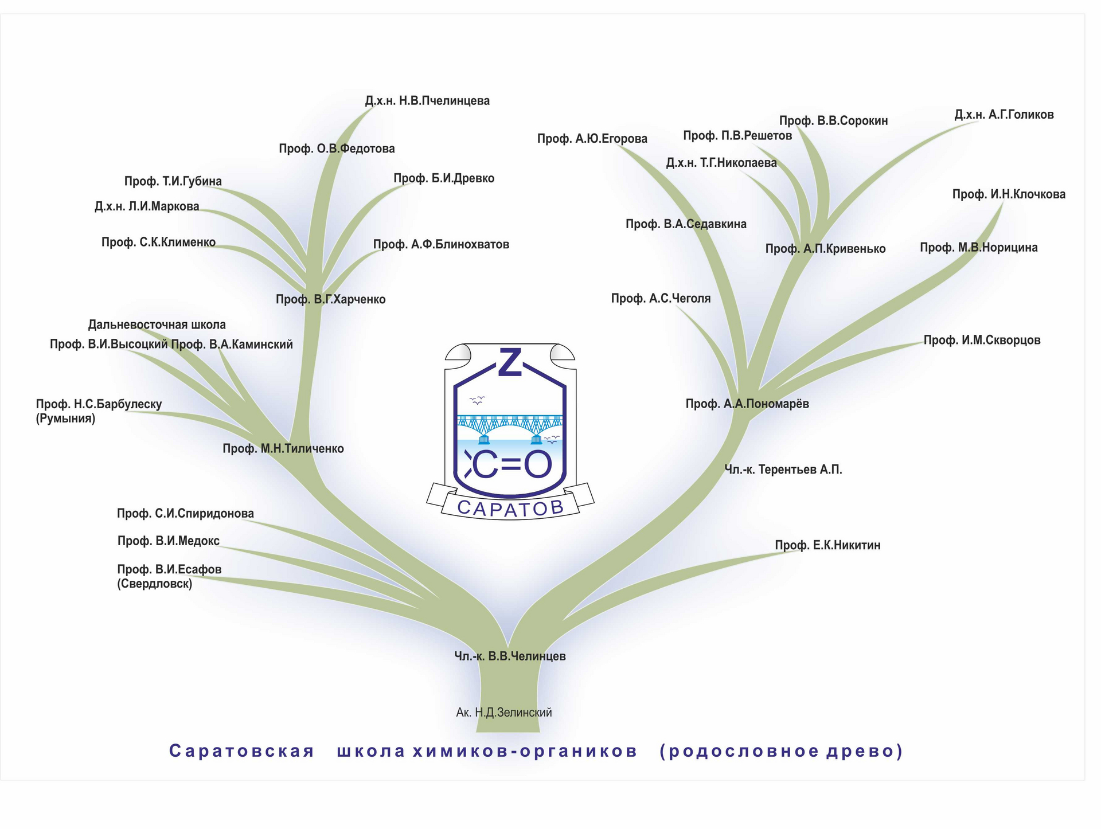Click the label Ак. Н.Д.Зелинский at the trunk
click(x=503, y=713)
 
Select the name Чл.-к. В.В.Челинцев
click(x=510, y=656)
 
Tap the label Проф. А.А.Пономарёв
click(x=747, y=404)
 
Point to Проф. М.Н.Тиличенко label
click(x=283, y=449)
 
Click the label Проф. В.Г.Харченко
click(x=331, y=299)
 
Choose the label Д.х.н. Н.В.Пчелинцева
click(x=427, y=101)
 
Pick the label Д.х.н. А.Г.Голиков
click(x=1004, y=115)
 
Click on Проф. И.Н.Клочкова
click(x=1009, y=194)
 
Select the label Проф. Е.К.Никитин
click(x=827, y=545)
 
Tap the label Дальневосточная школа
click(x=157, y=325)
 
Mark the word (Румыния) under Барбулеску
click(x=65, y=419)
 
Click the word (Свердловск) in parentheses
click(x=155, y=584)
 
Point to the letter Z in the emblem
click(x=510, y=362)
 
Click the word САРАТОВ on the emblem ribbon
click(x=510, y=507)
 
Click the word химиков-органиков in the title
click(x=525, y=751)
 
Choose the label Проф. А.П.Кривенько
click(x=825, y=249)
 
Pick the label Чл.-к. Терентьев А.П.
click(x=783, y=470)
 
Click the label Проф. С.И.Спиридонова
click(x=185, y=514)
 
